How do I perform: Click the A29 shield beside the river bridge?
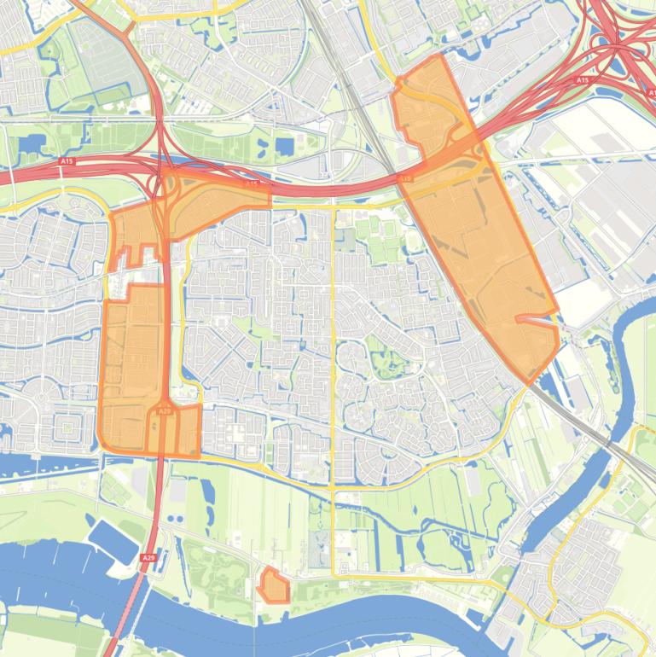148,558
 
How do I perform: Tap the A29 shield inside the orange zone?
165,411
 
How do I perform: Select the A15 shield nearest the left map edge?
67,160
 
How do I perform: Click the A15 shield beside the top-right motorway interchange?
583,80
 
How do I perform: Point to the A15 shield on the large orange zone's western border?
407,178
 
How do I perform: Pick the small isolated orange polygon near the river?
274,586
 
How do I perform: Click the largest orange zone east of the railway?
482,247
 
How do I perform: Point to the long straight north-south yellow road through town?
332,384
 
